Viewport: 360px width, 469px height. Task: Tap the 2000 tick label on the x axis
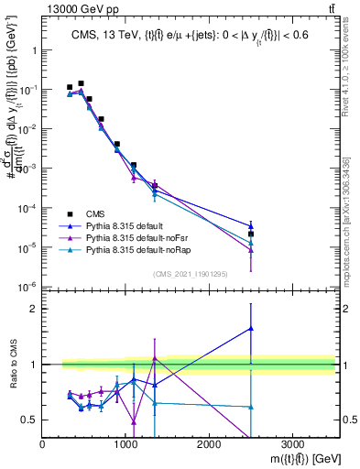point(209,442)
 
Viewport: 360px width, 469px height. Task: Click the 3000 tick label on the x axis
point(292,442)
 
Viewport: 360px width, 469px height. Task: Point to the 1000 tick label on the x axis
point(125,442)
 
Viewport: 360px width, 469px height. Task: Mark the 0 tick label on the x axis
point(43,442)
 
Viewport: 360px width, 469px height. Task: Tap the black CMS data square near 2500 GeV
point(251,234)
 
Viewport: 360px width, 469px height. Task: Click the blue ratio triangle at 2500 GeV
point(251,328)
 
